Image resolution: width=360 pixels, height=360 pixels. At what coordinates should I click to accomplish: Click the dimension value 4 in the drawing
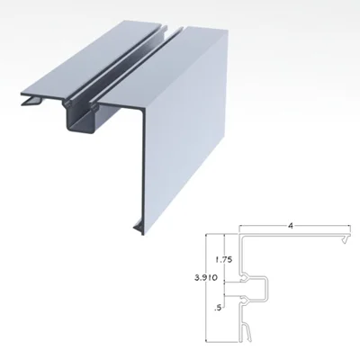click(x=290, y=226)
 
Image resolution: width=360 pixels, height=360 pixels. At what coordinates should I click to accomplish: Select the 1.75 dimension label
click(x=224, y=259)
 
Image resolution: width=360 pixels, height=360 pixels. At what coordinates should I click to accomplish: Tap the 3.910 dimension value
click(x=206, y=277)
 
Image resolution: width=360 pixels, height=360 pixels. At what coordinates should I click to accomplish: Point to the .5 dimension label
click(x=218, y=308)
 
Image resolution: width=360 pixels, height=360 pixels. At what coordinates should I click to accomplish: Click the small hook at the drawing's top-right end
click(x=346, y=238)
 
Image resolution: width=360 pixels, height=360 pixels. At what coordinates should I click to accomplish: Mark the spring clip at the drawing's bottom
click(x=247, y=331)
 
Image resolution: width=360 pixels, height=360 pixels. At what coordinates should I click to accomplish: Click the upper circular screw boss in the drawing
click(x=244, y=278)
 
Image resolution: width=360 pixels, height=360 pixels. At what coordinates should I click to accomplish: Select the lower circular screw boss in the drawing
click(x=244, y=300)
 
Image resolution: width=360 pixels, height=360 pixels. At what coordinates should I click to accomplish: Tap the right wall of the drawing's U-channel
click(x=266, y=289)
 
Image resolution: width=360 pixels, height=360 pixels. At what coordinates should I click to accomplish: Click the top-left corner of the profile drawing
click(x=239, y=235)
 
